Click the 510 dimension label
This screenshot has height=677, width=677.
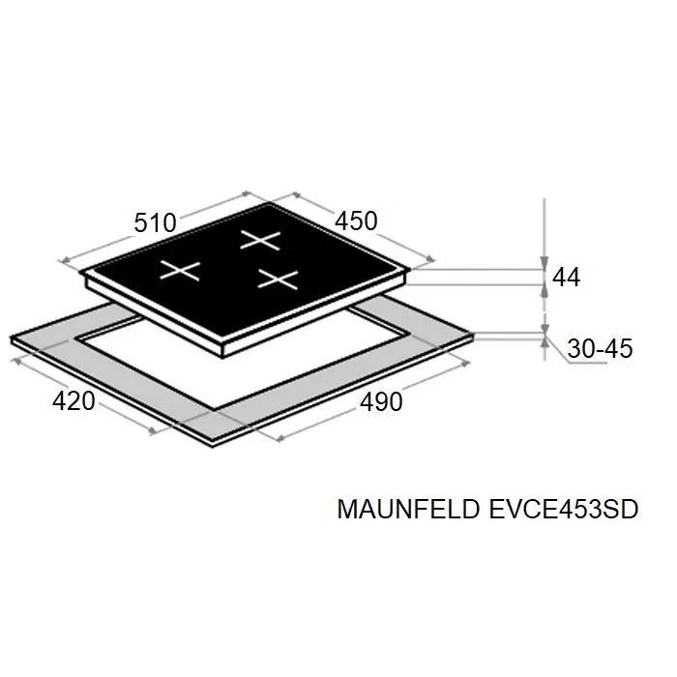155,223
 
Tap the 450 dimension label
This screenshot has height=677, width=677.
356,221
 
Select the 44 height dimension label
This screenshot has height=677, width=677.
566,277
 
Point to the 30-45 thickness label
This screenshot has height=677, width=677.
600,348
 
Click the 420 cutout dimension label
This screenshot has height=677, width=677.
74,401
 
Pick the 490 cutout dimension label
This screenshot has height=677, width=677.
381,402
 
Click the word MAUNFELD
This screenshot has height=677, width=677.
408,509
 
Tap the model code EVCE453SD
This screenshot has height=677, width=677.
564,509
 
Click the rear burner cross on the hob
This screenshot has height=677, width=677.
260,240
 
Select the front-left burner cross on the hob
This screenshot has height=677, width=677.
180,270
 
